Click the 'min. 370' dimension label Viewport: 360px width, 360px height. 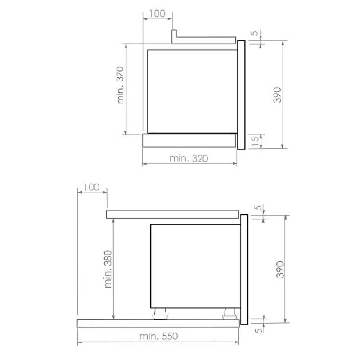[121, 85]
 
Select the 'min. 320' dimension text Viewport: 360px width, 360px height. [189, 158]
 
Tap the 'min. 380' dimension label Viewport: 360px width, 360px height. [108, 269]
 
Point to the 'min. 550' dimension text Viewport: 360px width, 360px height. [159, 336]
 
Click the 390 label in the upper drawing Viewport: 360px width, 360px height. [277, 95]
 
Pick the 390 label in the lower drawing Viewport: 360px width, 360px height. [280, 269]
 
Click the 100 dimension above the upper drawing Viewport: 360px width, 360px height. [157, 13]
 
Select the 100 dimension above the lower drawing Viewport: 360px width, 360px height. [92, 187]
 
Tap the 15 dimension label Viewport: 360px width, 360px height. [255, 142]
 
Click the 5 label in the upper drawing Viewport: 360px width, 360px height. [254, 33]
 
